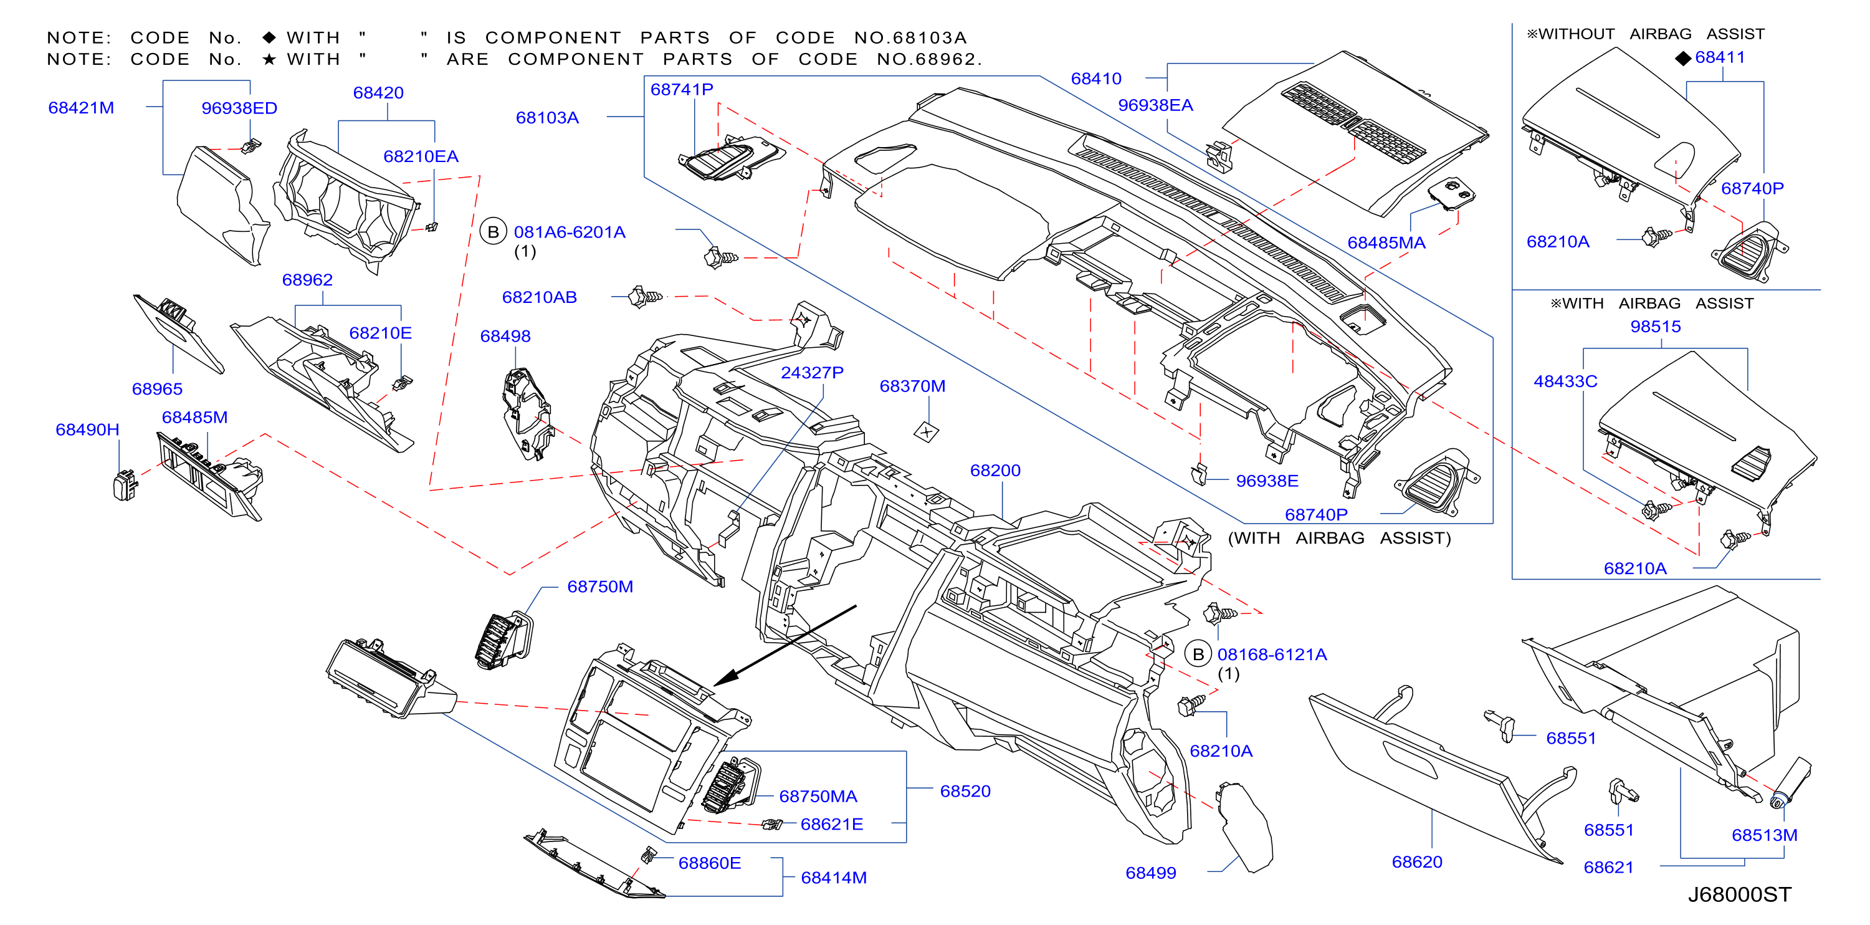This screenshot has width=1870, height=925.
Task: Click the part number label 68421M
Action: coord(81,107)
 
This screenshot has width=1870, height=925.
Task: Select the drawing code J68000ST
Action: coord(1739,894)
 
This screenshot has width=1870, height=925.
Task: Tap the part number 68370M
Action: coord(912,386)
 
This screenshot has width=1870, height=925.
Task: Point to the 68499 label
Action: coord(1151,873)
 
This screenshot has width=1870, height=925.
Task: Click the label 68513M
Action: coord(1765,835)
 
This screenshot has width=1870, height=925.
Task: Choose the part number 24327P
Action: coord(813,373)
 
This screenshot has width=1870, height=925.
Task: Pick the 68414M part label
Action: coord(834,877)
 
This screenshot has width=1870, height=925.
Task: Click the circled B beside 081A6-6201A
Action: coord(494,232)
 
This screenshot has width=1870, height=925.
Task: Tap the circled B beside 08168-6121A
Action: coord(1198,654)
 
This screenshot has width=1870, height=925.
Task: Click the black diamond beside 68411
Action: coord(1684,58)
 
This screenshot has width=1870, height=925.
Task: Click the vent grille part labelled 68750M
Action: coord(503,639)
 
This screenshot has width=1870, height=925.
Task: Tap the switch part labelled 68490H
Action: coord(125,486)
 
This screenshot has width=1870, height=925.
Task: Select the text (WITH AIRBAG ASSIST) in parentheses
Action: coord(1339,538)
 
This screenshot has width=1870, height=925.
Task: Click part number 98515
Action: coord(1656,326)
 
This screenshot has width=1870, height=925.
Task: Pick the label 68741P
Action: coord(682,89)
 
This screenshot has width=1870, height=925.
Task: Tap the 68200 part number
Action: coord(995,471)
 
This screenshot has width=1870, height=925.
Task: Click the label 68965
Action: coord(158,388)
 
